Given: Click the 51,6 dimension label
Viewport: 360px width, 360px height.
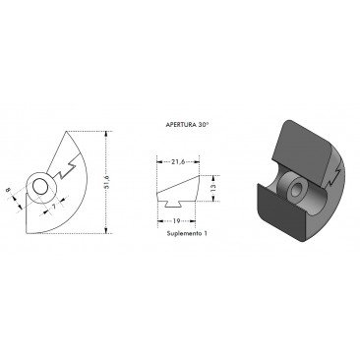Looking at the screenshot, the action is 106,182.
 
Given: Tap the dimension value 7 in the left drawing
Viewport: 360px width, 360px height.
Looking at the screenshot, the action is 53,206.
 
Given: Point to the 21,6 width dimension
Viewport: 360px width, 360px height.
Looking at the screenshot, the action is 178,161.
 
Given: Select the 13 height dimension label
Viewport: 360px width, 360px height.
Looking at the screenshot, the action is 213,188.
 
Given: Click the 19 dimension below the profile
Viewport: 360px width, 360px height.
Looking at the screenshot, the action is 176,221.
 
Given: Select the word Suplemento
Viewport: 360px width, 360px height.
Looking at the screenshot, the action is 183,233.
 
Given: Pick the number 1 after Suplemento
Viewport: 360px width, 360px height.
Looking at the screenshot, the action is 205,233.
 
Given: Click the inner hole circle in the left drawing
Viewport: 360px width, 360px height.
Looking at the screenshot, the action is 40,188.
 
